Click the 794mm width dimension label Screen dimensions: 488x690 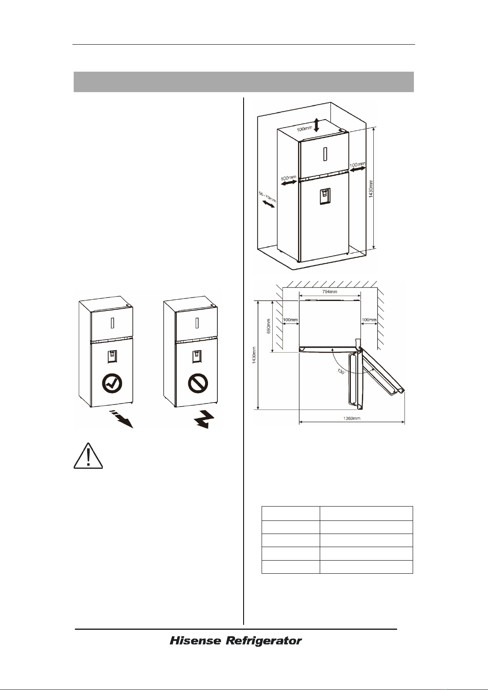click(x=330, y=292)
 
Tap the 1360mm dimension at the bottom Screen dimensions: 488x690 click(x=352, y=418)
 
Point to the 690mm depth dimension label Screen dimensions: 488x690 click(x=268, y=326)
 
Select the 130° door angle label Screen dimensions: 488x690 click(x=341, y=371)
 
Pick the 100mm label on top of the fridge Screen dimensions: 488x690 click(x=304, y=129)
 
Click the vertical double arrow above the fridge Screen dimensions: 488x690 click(x=316, y=125)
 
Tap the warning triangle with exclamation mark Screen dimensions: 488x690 click(x=88, y=456)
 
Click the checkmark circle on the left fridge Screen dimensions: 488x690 click(x=112, y=383)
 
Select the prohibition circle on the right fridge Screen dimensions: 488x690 click(x=198, y=384)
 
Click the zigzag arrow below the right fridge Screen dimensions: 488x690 click(x=204, y=419)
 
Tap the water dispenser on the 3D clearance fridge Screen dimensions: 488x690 click(x=324, y=197)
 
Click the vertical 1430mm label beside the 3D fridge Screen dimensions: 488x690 click(x=371, y=189)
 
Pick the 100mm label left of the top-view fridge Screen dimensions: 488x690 click(x=290, y=320)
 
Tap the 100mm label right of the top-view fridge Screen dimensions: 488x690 click(x=369, y=320)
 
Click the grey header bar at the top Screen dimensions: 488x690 click(x=244, y=82)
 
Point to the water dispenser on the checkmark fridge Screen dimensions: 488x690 click(x=112, y=357)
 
